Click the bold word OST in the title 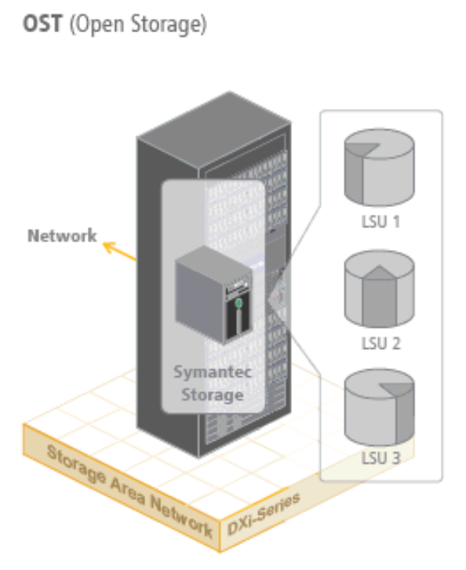42,24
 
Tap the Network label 62,235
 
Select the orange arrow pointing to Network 119,251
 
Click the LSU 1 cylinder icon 379,167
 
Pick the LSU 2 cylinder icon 379,289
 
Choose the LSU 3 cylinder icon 379,407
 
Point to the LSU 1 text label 380,222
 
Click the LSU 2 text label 380,343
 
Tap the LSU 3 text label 380,458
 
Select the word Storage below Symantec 213,395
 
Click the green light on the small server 238,303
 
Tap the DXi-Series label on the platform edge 264,514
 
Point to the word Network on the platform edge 181,518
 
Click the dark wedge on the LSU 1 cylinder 361,149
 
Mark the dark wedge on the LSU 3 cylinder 397,389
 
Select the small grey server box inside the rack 213,295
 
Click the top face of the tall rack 214,130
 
